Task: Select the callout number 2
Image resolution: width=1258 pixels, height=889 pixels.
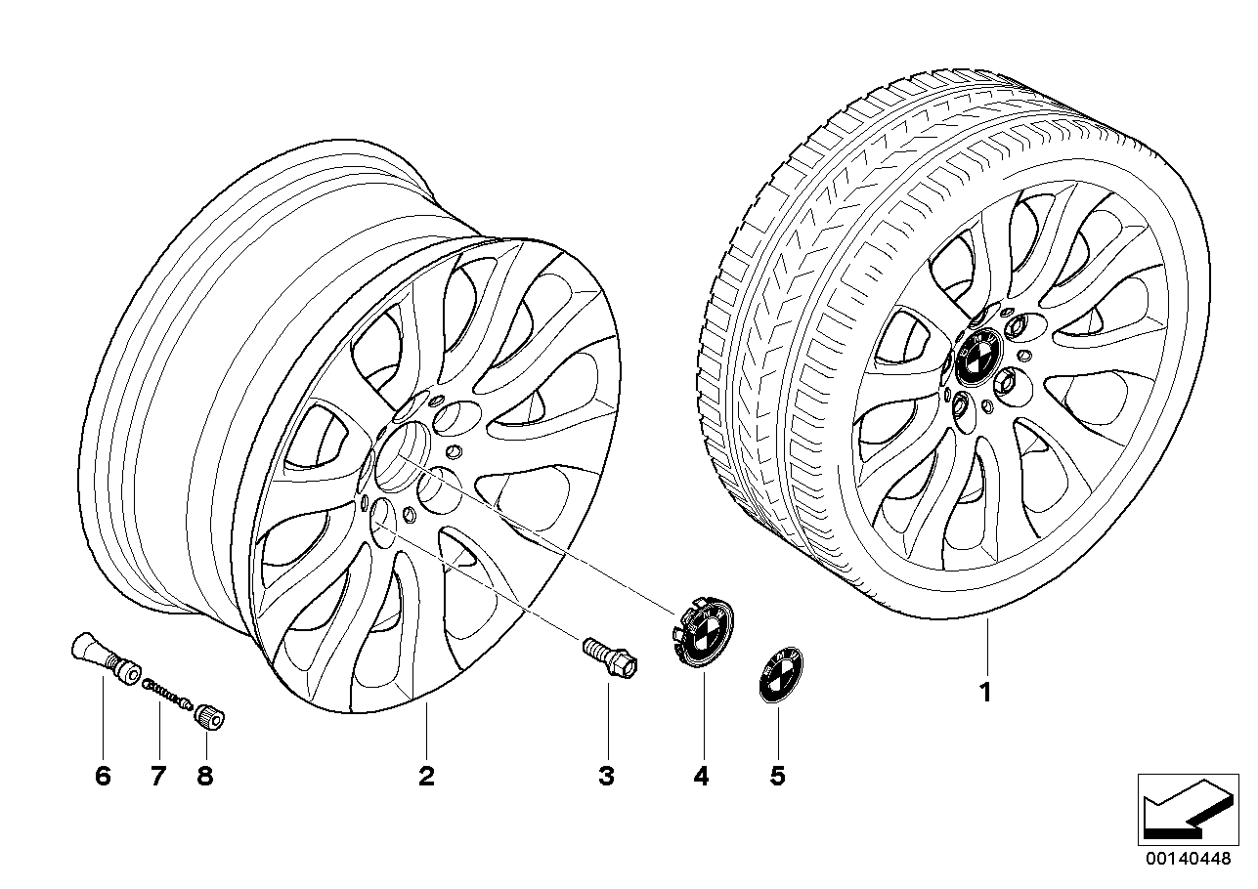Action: pyautogui.click(x=426, y=777)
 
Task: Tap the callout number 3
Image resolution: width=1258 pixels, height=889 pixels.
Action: pyautogui.click(x=607, y=777)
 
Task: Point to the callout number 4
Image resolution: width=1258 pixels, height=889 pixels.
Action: pyautogui.click(x=702, y=777)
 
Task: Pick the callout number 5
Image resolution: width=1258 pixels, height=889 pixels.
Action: pyautogui.click(x=777, y=777)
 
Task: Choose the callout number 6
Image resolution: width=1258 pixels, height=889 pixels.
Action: pyautogui.click(x=104, y=777)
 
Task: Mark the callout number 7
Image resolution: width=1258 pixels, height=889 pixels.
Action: pyautogui.click(x=158, y=777)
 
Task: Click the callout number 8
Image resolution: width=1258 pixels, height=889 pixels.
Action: pyautogui.click(x=205, y=777)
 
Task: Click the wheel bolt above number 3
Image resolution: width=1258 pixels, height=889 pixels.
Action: pyautogui.click(x=610, y=657)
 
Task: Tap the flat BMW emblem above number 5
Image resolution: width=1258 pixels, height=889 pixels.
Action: pyautogui.click(x=781, y=674)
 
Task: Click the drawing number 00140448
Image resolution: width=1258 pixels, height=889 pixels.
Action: pyautogui.click(x=1188, y=858)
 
